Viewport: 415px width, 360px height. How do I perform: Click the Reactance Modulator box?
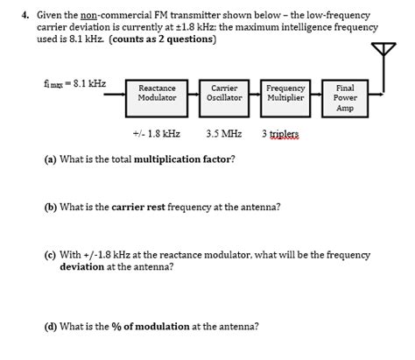158,94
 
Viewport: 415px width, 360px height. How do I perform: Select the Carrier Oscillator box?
224,94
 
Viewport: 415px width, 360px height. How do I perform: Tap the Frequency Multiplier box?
285,94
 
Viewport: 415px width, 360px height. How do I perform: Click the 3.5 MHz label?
224,135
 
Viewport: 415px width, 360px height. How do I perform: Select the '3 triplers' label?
280,135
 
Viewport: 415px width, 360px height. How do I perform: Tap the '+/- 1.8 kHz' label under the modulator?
157,135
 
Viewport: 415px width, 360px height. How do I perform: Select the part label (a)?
51,159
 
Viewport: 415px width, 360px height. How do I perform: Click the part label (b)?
51,208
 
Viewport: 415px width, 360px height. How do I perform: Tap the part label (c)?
51,256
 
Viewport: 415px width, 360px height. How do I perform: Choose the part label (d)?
51,327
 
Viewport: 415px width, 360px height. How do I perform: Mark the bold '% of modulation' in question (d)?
151,327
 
